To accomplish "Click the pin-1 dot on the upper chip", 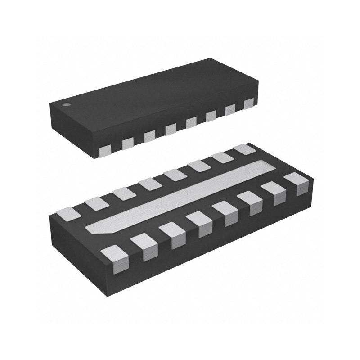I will coord(67,106).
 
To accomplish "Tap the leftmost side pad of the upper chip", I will coord(105,150).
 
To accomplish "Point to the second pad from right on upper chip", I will coord(231,109).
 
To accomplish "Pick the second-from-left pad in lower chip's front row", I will coord(144,247).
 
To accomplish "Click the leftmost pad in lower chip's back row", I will coord(70,212).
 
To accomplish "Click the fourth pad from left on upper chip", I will coord(171,129).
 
